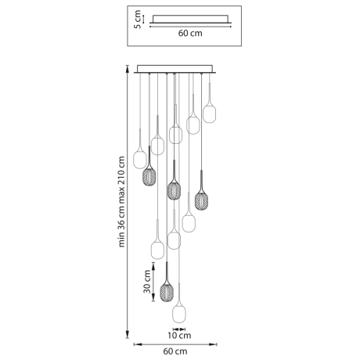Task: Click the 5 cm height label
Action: pos(136,19)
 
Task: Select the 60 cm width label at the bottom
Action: pos(175,352)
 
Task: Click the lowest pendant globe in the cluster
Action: pos(180,308)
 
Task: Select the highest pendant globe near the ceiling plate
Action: pos(209,113)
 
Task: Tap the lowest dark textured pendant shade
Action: pos(166,292)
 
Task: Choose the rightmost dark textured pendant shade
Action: pos(201,199)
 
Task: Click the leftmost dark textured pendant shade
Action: pos(148,177)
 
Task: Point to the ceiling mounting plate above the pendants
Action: pos(175,69)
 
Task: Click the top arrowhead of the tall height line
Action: pos(129,68)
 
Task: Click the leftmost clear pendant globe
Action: pos(140,160)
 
